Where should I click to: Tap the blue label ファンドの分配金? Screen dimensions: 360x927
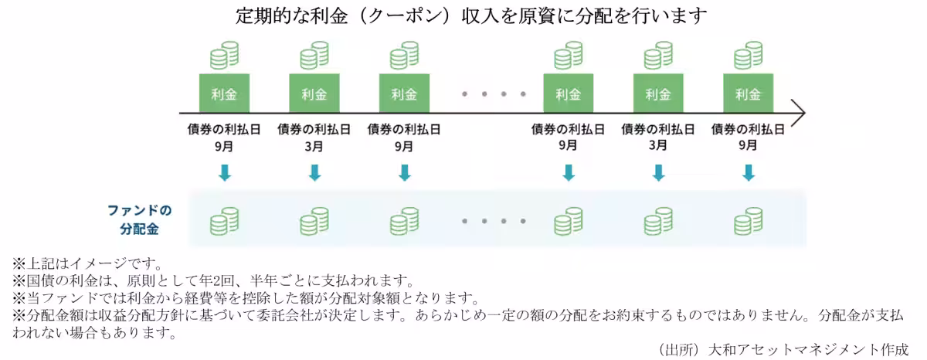coord(139,220)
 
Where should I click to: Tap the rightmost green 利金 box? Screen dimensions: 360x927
coord(748,94)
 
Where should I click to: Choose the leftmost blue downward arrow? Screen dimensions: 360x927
coord(224,172)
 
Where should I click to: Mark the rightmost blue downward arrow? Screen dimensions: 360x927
coord(748,172)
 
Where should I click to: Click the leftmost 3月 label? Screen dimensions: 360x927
coord(314,145)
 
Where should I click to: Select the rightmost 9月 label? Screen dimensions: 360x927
coord(748,145)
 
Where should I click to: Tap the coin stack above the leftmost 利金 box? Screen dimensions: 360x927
coord(224,56)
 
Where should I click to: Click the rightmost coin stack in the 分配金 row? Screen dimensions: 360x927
coord(748,222)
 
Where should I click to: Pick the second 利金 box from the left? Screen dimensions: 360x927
coord(314,94)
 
